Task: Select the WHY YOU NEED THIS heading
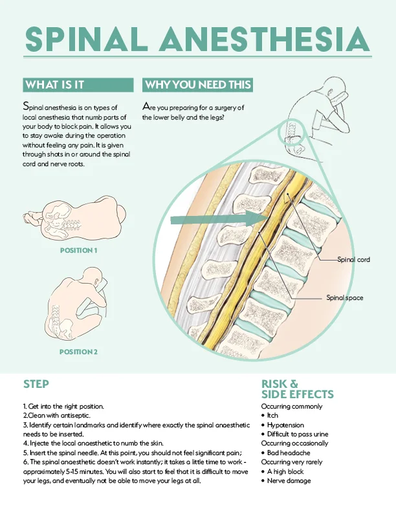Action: point(197,85)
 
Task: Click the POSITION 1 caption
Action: point(78,250)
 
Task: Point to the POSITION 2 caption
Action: point(78,352)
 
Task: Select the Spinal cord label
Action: point(353,259)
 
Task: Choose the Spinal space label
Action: point(344,298)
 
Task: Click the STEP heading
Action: point(36,384)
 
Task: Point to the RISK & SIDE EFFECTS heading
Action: point(288,389)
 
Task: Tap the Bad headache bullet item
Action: point(289,453)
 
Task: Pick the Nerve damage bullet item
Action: point(289,480)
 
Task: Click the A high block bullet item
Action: point(287,471)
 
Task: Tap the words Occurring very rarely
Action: point(291,462)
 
